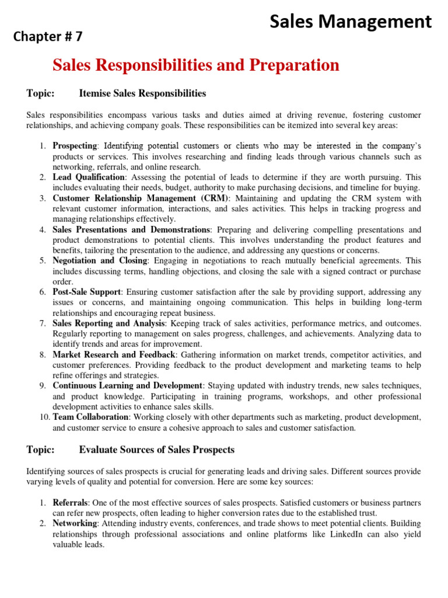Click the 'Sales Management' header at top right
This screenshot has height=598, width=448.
[350, 22]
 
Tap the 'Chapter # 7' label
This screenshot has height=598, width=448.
[48, 37]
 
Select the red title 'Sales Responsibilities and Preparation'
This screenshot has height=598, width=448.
[196, 65]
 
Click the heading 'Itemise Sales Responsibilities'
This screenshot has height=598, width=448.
[142, 93]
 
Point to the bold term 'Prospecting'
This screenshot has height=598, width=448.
[75, 145]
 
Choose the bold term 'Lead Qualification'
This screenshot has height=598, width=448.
[89, 177]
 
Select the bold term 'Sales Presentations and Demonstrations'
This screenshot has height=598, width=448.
[131, 230]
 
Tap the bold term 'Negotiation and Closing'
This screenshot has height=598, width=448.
[100, 261]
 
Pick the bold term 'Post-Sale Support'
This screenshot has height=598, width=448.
[87, 291]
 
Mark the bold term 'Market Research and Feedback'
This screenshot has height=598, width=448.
[114, 354]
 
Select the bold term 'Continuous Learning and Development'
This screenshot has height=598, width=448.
[128, 386]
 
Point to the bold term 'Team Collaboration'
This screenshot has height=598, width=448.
[90, 417]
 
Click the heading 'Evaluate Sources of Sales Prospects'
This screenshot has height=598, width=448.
[156, 450]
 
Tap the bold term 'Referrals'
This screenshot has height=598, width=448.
[70, 502]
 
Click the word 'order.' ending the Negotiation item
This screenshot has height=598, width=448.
[62, 281]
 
